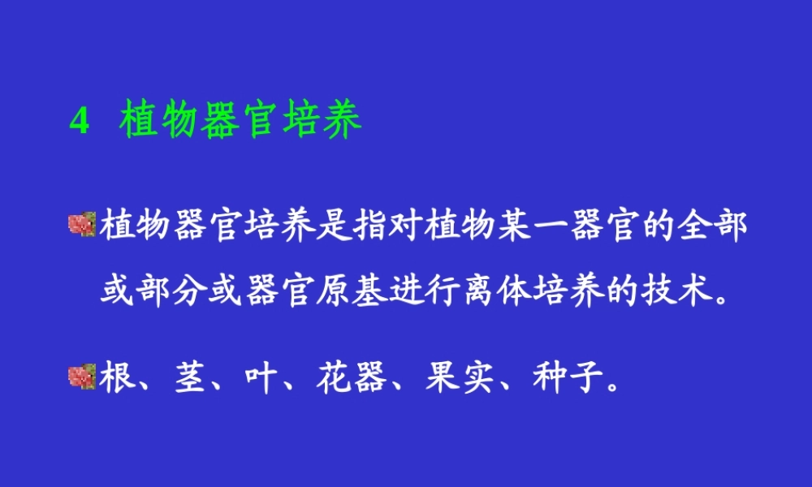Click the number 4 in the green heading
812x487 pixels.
pos(79,122)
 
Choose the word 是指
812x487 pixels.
pos(352,227)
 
